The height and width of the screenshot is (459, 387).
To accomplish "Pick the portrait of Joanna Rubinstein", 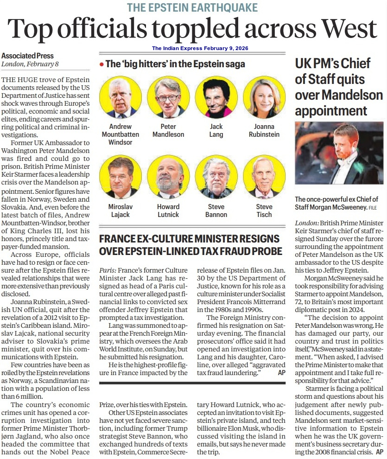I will (264, 97).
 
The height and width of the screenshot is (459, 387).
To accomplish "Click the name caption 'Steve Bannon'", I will (216, 210).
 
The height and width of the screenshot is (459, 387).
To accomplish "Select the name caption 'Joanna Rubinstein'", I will (264, 130).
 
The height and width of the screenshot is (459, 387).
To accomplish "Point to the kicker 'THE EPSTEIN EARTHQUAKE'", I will (193, 7).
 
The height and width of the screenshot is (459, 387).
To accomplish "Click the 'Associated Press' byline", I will (27, 56).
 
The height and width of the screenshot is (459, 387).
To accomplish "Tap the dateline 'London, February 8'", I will (30, 64).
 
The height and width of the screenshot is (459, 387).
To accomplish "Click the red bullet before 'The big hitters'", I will (102, 65).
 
